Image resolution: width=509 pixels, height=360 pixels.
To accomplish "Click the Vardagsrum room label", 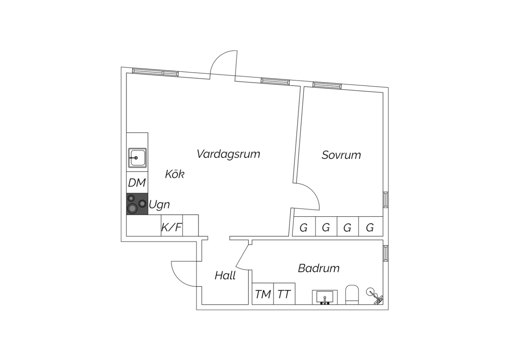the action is (x=228, y=154).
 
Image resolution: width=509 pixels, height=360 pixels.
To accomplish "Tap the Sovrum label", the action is (x=341, y=155).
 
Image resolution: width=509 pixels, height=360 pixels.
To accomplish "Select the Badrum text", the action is (x=319, y=268).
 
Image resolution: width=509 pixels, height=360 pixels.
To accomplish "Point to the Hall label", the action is (x=225, y=275).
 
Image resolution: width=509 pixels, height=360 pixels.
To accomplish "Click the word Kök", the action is (x=174, y=174).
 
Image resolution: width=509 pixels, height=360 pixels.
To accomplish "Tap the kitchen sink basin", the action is (x=137, y=158).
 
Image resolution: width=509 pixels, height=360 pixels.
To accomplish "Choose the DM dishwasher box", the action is (x=137, y=182).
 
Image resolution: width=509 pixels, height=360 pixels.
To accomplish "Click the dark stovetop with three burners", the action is (x=137, y=204).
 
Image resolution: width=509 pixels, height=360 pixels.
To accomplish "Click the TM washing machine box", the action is (x=263, y=293).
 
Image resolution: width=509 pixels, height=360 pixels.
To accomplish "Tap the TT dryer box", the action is (x=284, y=293).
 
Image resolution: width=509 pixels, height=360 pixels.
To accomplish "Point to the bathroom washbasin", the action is (x=325, y=297).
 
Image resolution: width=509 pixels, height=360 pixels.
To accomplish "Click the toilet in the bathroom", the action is (x=352, y=295).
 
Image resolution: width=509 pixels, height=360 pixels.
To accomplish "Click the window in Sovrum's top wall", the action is (x=327, y=85).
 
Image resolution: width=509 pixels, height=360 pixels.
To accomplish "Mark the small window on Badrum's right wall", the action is (x=386, y=253).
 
